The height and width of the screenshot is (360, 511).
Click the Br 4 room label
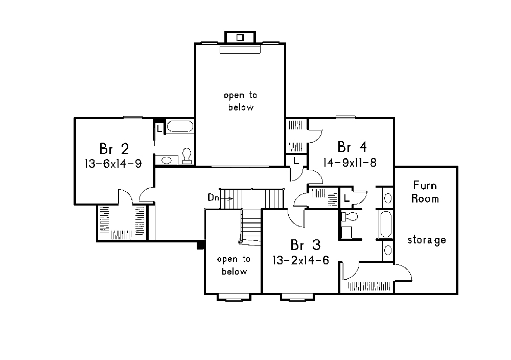coord(352,148)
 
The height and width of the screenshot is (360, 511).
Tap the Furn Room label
coord(425,192)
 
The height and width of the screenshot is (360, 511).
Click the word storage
coord(427,240)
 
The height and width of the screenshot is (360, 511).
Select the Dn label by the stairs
coord(214,197)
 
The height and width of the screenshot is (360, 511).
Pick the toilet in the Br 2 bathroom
coord(187,155)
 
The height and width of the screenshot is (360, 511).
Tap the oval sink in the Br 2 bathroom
coord(167,161)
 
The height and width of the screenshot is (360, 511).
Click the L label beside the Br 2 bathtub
coord(159,128)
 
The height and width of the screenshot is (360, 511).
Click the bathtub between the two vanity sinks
coord(385,224)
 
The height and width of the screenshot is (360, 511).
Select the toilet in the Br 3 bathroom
coord(350,217)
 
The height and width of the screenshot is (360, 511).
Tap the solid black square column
coord(201,245)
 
